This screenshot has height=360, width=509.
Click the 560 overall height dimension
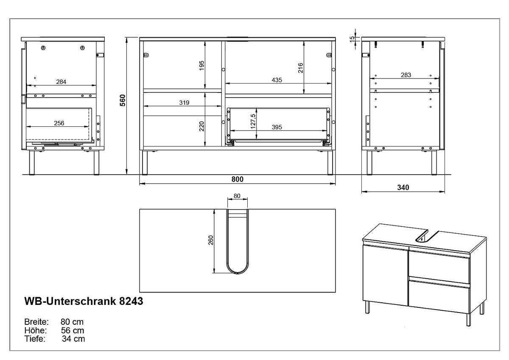[x=123, y=100]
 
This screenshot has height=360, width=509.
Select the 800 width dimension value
[x=237, y=179]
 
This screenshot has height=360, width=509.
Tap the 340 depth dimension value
[x=403, y=187]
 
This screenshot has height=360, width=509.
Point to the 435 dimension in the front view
[x=277, y=80]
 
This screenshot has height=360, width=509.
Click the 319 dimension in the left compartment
[x=184, y=103]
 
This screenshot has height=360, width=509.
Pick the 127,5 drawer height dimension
[x=253, y=121]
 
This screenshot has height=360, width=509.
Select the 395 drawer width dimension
[x=277, y=127]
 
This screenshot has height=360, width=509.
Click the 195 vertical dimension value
[x=201, y=66]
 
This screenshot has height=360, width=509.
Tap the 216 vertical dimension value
[x=300, y=68]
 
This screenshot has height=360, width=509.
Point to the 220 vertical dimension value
[x=201, y=126]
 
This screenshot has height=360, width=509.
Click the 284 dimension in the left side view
[x=61, y=81]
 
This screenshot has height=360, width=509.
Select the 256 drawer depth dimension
[x=59, y=123]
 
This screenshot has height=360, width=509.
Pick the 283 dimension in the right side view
[x=406, y=75]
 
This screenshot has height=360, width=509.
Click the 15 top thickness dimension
[x=352, y=39]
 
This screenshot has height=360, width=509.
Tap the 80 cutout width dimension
[x=237, y=196]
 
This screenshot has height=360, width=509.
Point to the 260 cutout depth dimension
[x=211, y=240]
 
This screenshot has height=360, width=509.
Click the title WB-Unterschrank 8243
[x=84, y=301]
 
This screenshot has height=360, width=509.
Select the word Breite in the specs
[x=36, y=322]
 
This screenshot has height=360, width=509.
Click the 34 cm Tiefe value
[x=73, y=339]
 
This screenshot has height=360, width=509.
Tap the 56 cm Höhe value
[x=73, y=330]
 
